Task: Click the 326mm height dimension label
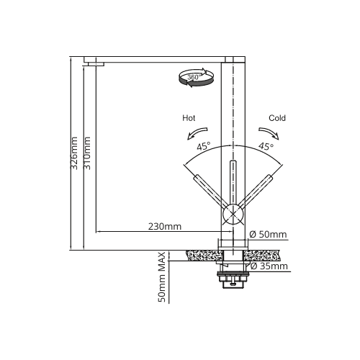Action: [74, 153]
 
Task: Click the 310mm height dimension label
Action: [87, 153]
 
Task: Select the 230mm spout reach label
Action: [165, 227]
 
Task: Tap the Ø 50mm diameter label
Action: [268, 234]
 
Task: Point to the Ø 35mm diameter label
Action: [269, 266]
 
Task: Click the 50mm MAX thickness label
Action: [162, 277]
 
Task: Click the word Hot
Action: [189, 118]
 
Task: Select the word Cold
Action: [277, 118]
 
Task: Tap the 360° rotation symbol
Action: [196, 78]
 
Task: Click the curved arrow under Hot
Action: [197, 132]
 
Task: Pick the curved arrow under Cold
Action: [269, 132]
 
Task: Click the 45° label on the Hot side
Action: [204, 146]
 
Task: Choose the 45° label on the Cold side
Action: [266, 146]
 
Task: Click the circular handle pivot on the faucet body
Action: [233, 215]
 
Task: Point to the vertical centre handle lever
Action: [233, 182]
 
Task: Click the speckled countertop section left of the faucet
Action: [204, 256]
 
